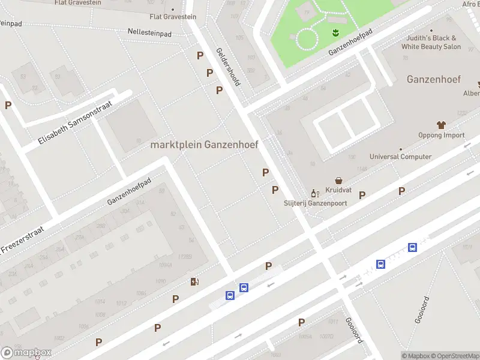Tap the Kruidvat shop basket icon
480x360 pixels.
[x=339, y=180]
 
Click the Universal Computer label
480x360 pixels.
[x=400, y=157]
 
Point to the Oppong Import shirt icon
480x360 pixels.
[x=442, y=125]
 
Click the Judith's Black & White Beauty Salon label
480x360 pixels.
[x=431, y=42]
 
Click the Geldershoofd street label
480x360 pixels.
[x=227, y=67]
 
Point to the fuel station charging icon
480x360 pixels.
[x=194, y=281]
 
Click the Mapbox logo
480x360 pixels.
[x=26, y=353]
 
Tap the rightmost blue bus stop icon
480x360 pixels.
[x=413, y=247]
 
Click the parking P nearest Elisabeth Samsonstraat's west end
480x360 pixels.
[x=8, y=105]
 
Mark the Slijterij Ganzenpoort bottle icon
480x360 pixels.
[x=313, y=193]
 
